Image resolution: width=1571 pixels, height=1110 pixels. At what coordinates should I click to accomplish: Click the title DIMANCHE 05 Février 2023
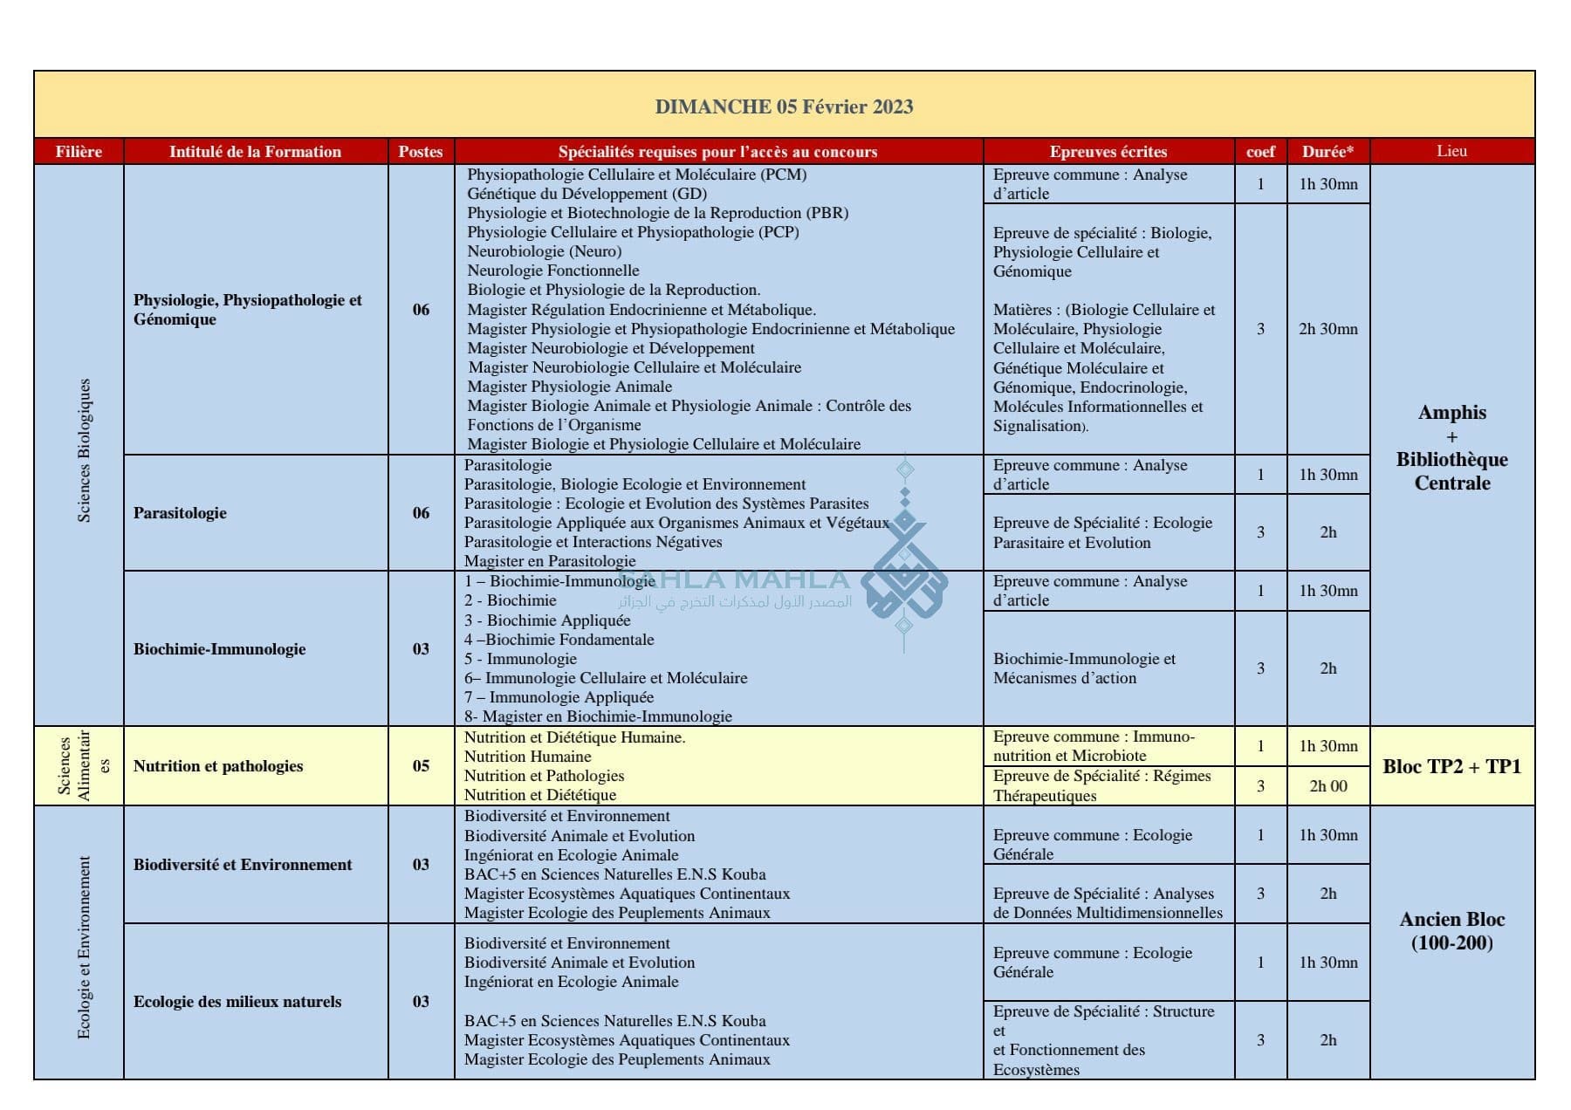coord(784,106)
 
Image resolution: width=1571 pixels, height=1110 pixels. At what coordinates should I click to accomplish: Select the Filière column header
coord(79,151)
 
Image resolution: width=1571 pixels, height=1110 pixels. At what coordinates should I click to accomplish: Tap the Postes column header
coord(421,151)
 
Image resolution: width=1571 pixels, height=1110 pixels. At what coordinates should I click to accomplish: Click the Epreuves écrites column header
coord(1108,151)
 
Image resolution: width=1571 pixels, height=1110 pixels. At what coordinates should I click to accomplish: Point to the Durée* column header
coord(1327,151)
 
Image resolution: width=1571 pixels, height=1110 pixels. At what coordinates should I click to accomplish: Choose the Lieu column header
coord(1451,151)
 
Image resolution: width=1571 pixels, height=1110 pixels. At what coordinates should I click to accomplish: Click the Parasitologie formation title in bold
coord(180,513)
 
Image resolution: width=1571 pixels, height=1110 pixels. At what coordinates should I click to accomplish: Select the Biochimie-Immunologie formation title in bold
coord(219,648)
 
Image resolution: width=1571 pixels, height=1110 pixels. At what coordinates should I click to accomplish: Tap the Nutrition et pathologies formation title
coord(218,766)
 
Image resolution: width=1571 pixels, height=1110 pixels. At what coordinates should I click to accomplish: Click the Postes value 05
coord(421,766)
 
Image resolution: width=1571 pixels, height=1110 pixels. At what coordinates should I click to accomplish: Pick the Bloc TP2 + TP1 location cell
coord(1451,766)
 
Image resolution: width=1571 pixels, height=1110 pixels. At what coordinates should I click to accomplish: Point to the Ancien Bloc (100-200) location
coord(1451,931)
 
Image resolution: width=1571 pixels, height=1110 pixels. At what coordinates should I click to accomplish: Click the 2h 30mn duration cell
coord(1327,329)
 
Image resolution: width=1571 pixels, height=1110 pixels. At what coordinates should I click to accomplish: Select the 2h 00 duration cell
coord(1327,786)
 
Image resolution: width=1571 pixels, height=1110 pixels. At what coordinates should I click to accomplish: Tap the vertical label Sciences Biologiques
coord(84,450)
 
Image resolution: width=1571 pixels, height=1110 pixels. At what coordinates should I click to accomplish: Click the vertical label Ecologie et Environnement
coord(84,948)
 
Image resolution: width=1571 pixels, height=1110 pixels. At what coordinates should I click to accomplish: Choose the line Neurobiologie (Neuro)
coord(544,251)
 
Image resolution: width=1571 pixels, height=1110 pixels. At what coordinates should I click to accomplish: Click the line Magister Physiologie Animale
coord(569,387)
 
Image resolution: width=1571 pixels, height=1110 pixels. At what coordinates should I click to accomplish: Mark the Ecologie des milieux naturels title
coord(237,1002)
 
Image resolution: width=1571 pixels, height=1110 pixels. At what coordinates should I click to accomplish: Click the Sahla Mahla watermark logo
coord(904,576)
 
